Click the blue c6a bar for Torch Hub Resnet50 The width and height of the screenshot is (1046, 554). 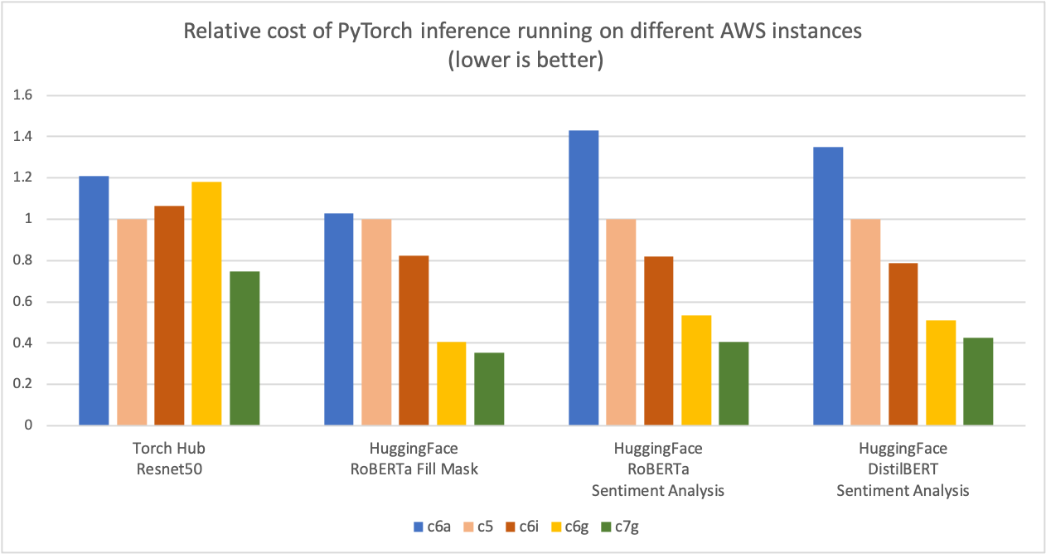tap(94, 300)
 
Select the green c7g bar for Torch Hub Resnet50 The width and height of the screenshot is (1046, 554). tap(245, 348)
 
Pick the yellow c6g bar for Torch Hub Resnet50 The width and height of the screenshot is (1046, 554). tap(206, 304)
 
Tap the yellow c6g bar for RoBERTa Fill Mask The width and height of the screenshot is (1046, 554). tap(451, 383)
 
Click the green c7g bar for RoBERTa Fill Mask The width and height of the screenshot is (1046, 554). tap(489, 389)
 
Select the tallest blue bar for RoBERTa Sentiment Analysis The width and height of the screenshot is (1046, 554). tap(584, 278)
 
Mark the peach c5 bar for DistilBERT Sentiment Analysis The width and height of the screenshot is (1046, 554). tap(865, 322)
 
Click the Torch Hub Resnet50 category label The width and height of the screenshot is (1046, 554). tap(168, 459)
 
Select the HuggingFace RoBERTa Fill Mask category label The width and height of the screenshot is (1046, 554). tap(414, 459)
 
